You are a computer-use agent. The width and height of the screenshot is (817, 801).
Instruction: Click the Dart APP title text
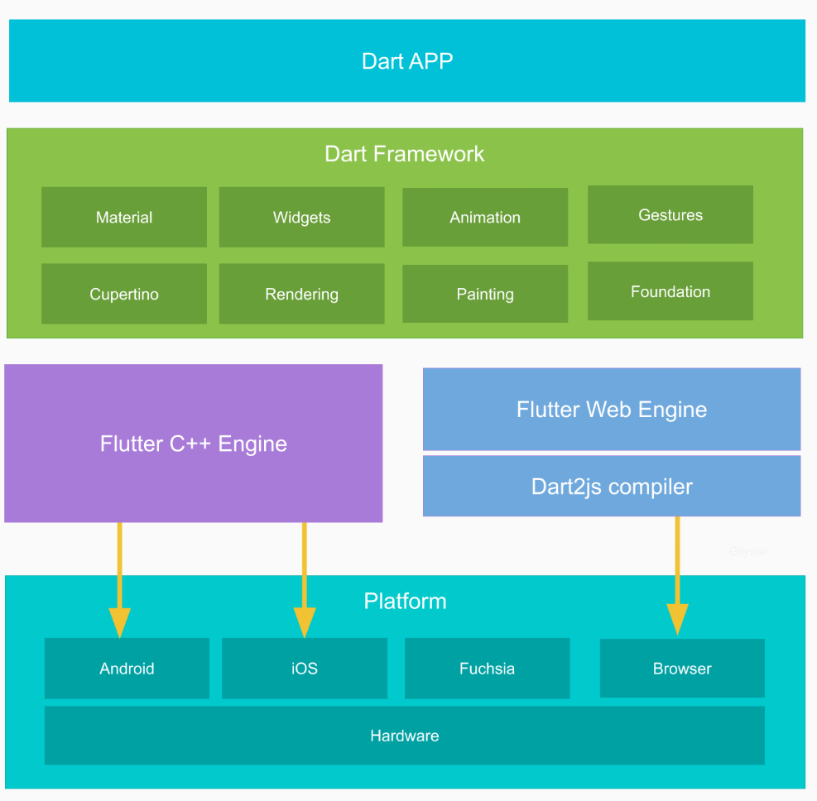(x=407, y=61)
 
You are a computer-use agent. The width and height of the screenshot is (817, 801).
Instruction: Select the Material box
(x=124, y=218)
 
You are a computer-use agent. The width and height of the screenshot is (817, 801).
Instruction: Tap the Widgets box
(x=301, y=218)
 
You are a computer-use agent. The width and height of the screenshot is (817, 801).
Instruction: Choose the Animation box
(x=485, y=218)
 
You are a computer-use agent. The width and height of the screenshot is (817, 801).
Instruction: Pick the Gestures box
(x=670, y=215)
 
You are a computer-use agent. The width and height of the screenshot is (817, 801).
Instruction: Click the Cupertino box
(x=124, y=295)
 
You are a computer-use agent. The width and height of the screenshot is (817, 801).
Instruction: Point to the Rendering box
(x=301, y=295)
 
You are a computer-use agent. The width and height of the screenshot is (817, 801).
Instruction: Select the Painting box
(x=485, y=295)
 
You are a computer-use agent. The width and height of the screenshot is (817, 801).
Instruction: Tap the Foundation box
(x=670, y=292)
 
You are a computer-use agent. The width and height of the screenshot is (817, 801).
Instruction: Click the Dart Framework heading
(x=404, y=154)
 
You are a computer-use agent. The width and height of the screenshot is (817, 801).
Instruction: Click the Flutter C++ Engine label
(x=194, y=444)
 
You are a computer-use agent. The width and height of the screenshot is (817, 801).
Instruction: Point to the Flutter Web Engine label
(x=612, y=410)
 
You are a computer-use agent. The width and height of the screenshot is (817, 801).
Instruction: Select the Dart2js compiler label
(x=612, y=487)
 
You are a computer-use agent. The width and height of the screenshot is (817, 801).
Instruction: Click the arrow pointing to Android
(x=120, y=579)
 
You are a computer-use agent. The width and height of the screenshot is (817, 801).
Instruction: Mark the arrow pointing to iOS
(x=305, y=579)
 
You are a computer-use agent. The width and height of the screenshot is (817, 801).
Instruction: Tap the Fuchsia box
(x=487, y=669)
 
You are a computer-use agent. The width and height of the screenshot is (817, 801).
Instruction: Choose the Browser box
(x=682, y=669)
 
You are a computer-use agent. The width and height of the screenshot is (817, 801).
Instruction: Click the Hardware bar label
(x=404, y=736)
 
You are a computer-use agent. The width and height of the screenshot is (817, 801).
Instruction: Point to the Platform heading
(x=405, y=601)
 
